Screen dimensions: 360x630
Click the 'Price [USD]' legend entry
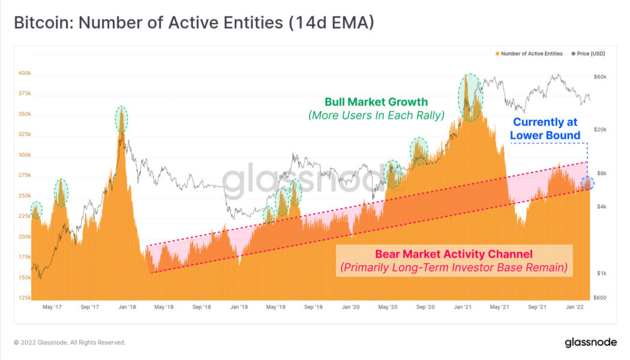pos(590,53)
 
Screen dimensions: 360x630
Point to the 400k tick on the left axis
pos(24,73)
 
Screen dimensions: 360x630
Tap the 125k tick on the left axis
pos(24,298)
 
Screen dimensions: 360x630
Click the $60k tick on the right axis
pos(601,77)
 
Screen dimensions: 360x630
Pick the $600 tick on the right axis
pos(601,298)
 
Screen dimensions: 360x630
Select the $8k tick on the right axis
pos(601,173)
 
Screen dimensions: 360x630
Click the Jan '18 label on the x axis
pos(127,307)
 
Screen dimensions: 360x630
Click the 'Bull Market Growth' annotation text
pos(376,102)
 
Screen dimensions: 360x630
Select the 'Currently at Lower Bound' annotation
pos(545,129)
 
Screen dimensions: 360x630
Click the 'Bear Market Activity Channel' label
pos(454,254)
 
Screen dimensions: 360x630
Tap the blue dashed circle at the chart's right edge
pos(587,184)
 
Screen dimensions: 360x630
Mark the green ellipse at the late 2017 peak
pos(122,119)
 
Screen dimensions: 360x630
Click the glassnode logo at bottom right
pos(590,342)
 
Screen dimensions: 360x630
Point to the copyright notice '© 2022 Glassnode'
pos(70,343)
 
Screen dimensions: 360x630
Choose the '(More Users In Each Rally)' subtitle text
pos(376,115)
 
